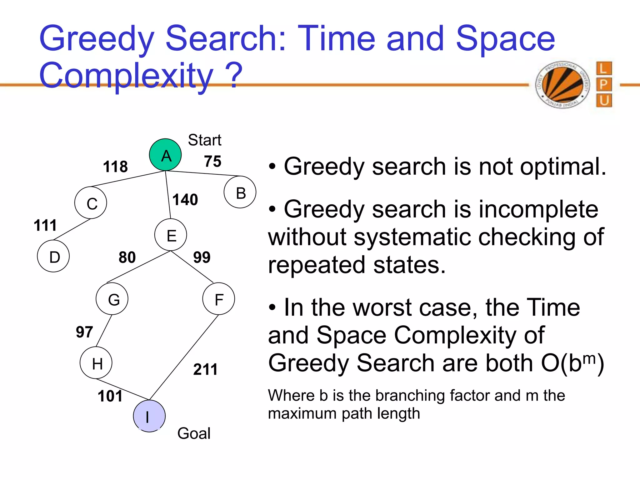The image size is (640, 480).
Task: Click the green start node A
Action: pyautogui.click(x=165, y=155)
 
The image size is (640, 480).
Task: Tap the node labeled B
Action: pyautogui.click(x=240, y=192)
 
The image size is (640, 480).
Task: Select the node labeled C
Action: pyautogui.click(x=91, y=203)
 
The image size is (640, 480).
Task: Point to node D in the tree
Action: pyautogui.click(x=53, y=256)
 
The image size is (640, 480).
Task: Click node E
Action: pyautogui.click(x=171, y=235)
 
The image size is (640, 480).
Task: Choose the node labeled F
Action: pyautogui.click(x=218, y=299)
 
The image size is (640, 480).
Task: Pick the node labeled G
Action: pyautogui.click(x=112, y=299)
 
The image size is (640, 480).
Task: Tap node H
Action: pyautogui.click(x=96, y=363)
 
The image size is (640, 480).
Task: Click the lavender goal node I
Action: pyautogui.click(x=149, y=416)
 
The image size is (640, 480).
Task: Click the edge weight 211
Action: pyautogui.click(x=205, y=369)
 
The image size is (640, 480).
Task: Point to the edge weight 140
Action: pyautogui.click(x=185, y=199)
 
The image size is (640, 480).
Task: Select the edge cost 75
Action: pyautogui.click(x=212, y=161)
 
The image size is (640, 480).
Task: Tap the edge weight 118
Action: pyautogui.click(x=115, y=166)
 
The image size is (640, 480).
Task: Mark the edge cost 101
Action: pyautogui.click(x=110, y=396)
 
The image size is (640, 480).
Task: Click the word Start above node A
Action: pyautogui.click(x=205, y=140)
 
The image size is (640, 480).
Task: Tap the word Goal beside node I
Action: pyautogui.click(x=194, y=433)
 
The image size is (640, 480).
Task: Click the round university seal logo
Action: pyautogui.click(x=562, y=85)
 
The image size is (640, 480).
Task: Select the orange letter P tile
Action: pyautogui.click(x=604, y=84)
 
